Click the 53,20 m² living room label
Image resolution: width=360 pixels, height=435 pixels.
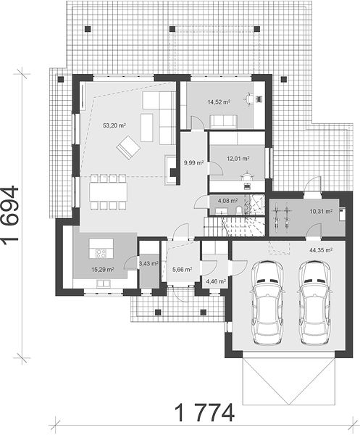114,125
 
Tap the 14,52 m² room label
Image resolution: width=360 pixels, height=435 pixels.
219,101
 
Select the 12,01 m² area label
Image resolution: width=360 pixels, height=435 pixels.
238,159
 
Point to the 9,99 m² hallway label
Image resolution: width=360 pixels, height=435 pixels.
194,163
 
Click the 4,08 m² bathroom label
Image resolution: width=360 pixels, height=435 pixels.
227,200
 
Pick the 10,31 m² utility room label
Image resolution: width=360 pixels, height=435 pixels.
321,212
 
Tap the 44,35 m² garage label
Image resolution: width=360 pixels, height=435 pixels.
321,250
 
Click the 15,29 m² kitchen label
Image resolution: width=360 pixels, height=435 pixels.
103,269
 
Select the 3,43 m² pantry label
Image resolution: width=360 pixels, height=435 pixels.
148,264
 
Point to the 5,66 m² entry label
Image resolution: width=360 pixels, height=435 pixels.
182,269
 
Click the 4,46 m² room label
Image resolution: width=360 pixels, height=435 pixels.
216,281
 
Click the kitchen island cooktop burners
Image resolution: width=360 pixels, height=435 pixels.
101,253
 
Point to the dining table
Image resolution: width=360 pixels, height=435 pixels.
109,191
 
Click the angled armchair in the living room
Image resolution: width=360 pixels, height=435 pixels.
128,147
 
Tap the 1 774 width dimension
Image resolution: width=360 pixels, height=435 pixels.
205,413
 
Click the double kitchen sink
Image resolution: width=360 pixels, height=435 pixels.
103,283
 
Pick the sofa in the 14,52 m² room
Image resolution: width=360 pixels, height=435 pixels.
223,122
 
